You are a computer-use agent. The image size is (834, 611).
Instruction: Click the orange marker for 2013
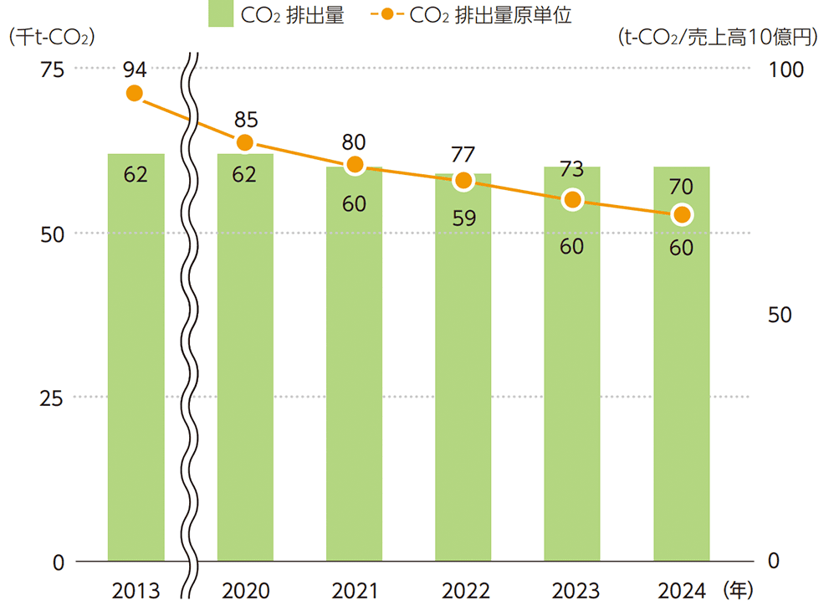135,93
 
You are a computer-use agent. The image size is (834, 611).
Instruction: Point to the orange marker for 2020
245,143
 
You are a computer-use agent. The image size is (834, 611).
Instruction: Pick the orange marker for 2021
355,165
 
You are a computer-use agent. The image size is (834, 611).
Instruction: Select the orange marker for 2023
572,199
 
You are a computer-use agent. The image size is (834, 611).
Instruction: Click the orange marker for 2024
682,215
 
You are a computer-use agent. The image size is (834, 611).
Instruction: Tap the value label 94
135,68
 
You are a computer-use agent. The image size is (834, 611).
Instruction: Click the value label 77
463,154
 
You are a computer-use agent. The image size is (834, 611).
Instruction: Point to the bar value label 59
463,218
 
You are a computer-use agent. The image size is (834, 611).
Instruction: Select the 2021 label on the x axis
355,591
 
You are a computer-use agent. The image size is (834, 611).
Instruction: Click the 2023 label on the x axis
572,591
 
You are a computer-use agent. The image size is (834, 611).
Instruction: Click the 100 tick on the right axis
785,69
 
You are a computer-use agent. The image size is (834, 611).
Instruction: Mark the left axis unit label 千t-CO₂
49,38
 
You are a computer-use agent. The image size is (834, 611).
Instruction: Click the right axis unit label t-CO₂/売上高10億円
718,38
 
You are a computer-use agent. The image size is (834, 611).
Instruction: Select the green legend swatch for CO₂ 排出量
221,14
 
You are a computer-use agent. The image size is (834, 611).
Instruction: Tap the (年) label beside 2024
736,591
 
